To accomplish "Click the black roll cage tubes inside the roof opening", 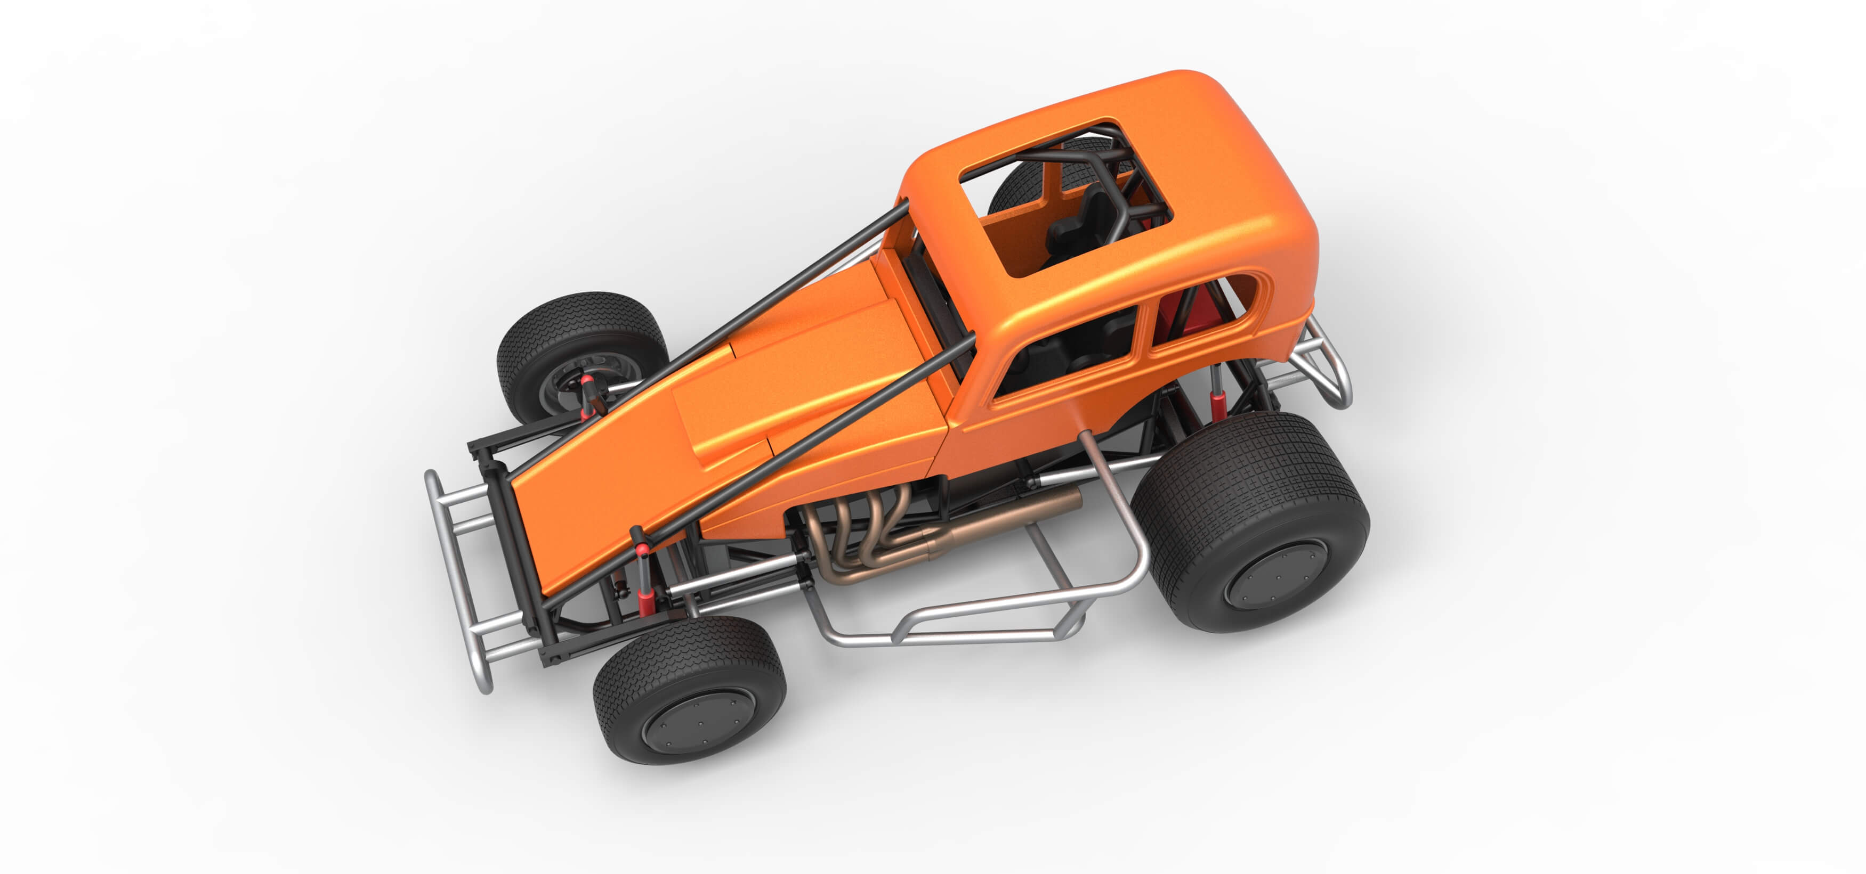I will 1116,181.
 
